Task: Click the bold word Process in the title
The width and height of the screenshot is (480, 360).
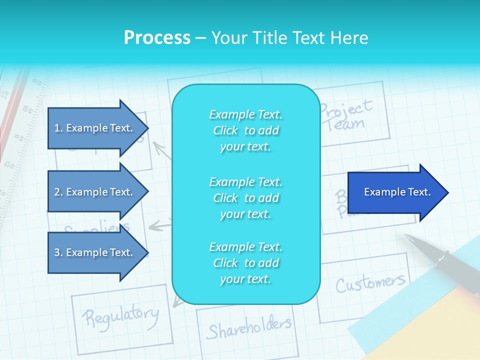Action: (157, 38)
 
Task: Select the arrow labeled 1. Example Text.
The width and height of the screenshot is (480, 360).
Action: (95, 128)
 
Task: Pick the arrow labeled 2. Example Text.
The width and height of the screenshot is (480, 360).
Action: (95, 192)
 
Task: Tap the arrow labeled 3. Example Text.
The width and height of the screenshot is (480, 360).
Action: (95, 252)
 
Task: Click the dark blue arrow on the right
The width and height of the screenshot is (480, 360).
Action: (395, 192)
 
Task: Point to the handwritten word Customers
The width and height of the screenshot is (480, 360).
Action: (369, 283)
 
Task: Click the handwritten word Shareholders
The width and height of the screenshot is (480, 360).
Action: (248, 328)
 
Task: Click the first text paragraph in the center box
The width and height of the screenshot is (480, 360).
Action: (245, 130)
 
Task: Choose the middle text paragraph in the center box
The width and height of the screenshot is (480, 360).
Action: (245, 198)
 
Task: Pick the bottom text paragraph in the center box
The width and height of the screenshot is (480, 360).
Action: (245, 263)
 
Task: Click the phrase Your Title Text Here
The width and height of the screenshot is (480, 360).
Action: (289, 38)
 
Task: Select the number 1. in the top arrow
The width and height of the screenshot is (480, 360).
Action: (58, 128)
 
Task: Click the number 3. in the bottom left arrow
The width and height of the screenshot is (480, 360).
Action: (58, 252)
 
